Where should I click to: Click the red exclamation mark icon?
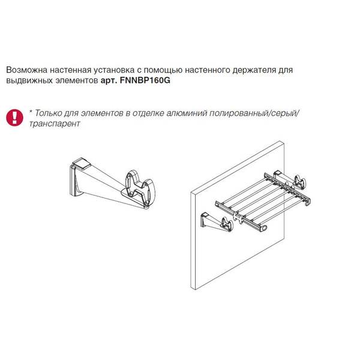[x=14, y=118]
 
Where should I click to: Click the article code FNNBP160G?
[x=145, y=80]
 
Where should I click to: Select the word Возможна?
[x=26, y=70]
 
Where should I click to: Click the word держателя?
[x=254, y=70]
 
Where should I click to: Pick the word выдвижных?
[x=29, y=80]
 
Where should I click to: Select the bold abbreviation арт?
[x=109, y=81]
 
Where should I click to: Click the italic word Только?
[x=49, y=113]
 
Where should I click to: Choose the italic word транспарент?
[x=55, y=124]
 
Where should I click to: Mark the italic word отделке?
[x=148, y=113]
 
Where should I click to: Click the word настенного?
[x=208, y=70]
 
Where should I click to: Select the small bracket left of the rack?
[x=217, y=222]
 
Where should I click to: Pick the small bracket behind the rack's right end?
[x=289, y=180]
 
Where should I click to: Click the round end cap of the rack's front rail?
[x=264, y=228]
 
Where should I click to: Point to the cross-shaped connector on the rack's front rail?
[x=237, y=217]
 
